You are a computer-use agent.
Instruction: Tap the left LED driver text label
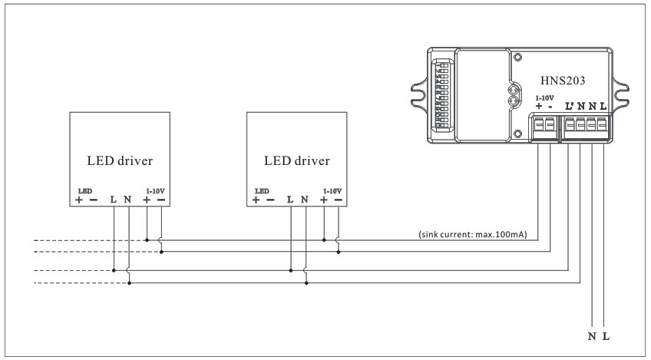120,161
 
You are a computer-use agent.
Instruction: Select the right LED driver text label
296,161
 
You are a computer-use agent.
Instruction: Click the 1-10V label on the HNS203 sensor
544,97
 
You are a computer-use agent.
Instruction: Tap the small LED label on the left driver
84,190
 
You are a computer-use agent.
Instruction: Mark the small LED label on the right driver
262,190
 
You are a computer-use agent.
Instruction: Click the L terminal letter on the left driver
114,200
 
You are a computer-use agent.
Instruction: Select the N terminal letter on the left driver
127,200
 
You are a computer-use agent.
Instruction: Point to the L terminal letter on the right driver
290,200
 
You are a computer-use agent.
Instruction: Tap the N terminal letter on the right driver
305,200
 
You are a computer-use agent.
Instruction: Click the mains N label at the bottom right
592,336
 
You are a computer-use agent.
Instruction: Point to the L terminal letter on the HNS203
603,106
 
